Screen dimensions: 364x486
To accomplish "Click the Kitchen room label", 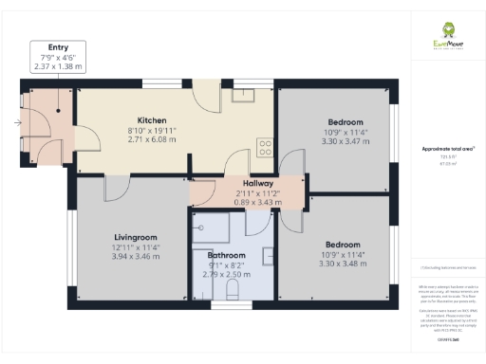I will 152,120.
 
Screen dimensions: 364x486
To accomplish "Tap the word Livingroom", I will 134,237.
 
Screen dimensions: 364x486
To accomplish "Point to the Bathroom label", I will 226,255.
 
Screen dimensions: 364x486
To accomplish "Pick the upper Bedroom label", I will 346,122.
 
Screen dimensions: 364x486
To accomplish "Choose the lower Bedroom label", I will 346,244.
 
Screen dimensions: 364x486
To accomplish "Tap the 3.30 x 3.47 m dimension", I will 346,141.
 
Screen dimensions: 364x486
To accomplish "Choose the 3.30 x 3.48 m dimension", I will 346,263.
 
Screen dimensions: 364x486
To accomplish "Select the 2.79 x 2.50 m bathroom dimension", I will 226,274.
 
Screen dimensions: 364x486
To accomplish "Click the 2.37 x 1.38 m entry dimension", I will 58,68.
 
